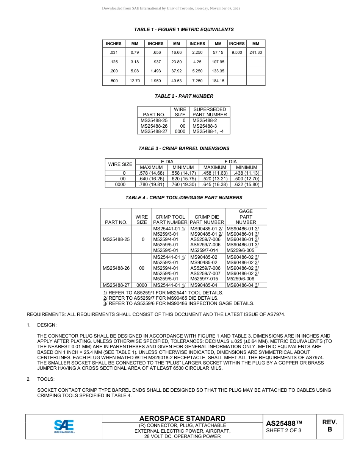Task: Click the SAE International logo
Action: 64,426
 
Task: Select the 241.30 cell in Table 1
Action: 256,53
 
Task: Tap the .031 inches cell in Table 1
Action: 114,53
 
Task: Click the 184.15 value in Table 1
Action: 218,81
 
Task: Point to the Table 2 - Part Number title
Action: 184,96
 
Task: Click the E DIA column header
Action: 167,162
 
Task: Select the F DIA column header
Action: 230,162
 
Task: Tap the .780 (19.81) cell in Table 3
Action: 151,185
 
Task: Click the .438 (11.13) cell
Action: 246,173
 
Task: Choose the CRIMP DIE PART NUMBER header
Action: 207,220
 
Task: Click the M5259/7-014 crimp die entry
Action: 204,250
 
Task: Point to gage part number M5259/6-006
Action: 240,279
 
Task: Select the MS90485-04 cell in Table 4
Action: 204,285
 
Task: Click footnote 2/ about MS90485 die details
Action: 161,298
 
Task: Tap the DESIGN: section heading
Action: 47,325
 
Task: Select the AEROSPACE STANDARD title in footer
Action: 182,418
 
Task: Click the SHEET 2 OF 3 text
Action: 284,430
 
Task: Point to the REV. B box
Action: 329,426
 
